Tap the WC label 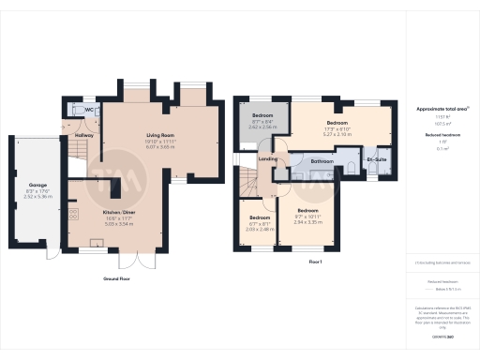coord(89,110)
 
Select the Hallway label coord(83,135)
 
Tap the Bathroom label coord(323,161)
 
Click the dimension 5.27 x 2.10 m coord(337,134)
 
